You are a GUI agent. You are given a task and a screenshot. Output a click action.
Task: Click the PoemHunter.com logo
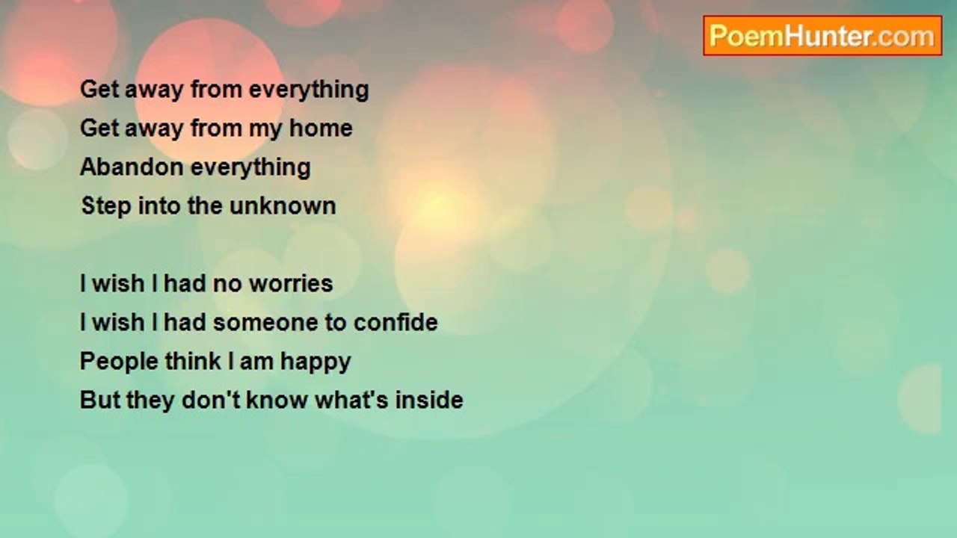click(x=822, y=36)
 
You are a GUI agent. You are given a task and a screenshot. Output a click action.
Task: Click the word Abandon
click(x=132, y=167)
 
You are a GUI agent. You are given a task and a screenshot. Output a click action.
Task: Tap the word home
click(x=321, y=128)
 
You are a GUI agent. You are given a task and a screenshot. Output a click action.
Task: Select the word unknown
click(x=283, y=205)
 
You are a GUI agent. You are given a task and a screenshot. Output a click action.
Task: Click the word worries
click(x=291, y=283)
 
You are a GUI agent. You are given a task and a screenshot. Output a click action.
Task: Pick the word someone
click(x=265, y=322)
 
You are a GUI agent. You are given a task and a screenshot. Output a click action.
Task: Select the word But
click(x=100, y=400)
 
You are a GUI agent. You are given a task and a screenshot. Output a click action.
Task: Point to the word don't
click(x=211, y=400)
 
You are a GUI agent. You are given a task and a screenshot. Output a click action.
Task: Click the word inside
click(x=429, y=400)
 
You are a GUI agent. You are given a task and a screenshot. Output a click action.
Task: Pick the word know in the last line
click(x=277, y=400)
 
